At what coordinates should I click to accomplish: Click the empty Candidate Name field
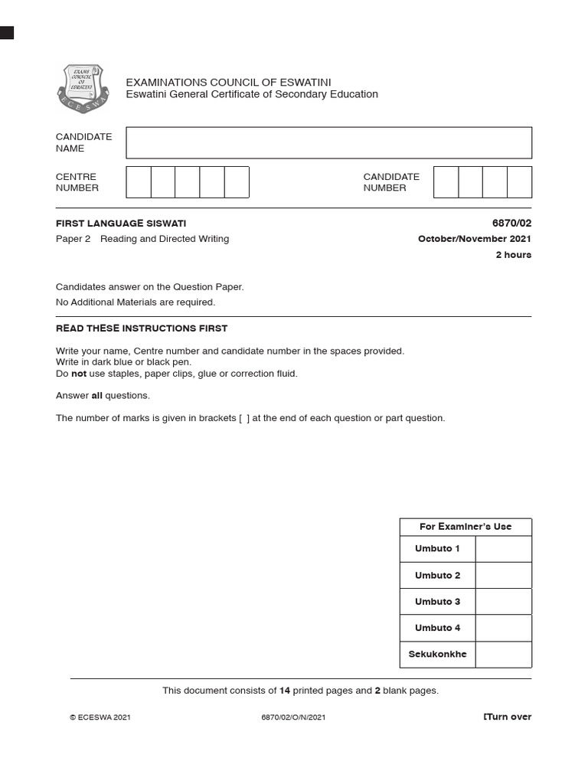point(328,143)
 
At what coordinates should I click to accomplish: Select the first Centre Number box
point(139,182)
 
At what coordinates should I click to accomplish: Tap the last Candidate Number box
point(519,182)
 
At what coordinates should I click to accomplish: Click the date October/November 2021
point(474,239)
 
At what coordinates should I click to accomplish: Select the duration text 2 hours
point(513,255)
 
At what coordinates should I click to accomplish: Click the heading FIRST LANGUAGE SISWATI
point(121,224)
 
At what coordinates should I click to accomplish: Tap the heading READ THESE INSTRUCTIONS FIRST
point(142,328)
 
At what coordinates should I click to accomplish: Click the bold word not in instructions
point(79,374)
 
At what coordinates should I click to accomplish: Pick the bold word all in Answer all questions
point(96,396)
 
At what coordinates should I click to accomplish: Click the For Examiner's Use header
point(465,527)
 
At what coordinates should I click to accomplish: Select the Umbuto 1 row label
point(437,549)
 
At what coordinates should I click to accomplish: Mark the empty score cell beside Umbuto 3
point(503,602)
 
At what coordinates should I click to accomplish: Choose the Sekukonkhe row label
point(437,655)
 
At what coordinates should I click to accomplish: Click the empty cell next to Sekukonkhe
point(503,655)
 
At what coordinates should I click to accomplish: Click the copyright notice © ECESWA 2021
point(100,717)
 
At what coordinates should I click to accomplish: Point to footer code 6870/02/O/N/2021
point(293,717)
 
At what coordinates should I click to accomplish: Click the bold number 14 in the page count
point(285,691)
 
